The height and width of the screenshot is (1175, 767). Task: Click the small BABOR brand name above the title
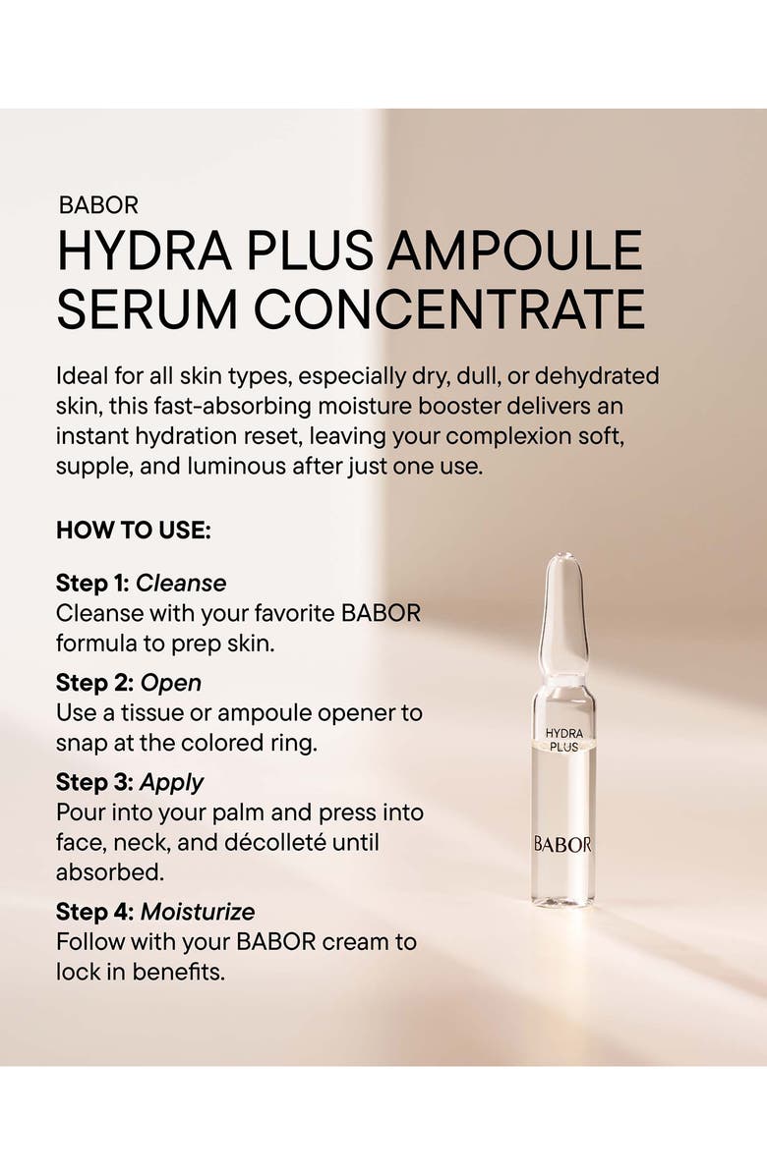98,205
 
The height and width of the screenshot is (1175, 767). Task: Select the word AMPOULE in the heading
514,252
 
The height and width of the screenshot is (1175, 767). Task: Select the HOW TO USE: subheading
134,531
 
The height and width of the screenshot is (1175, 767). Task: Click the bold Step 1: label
92,583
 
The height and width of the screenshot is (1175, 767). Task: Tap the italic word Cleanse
181,583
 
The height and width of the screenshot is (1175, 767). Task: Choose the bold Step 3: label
94,782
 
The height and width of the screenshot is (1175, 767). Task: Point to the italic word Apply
172,782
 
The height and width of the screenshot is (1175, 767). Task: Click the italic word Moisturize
198,912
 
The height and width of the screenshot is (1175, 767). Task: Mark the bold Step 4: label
94,912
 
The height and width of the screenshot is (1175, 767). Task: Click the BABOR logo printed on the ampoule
562,844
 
